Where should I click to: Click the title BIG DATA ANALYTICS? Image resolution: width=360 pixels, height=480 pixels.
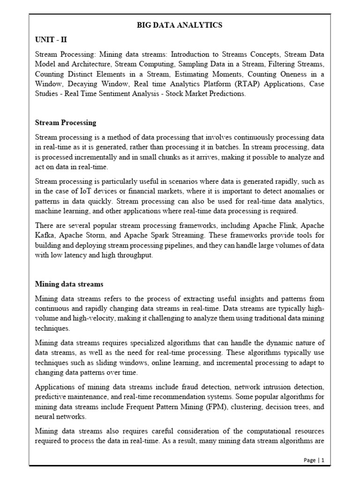click(x=180, y=25)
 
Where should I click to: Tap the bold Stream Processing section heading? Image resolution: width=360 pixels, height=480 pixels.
click(x=66, y=122)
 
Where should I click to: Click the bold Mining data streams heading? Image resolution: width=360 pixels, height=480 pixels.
click(x=69, y=284)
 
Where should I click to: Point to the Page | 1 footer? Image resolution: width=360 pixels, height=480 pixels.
click(x=314, y=460)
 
